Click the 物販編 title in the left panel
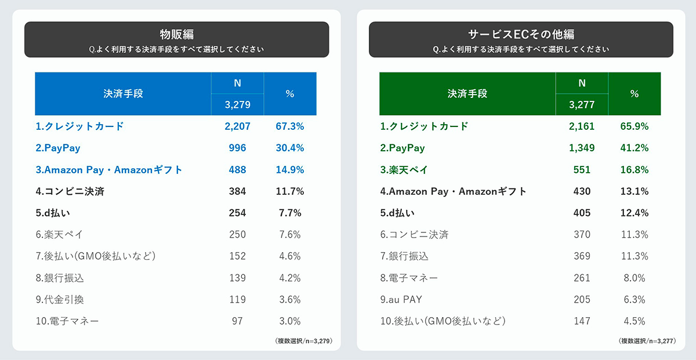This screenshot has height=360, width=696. pos(176,34)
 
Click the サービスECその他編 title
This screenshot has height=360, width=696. pos(521,34)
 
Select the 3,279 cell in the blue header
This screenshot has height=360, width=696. pos(237,105)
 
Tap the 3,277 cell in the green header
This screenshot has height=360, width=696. pos(582,105)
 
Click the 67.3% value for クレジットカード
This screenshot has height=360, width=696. pos(290,126)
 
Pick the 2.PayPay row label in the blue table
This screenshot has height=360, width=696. pos(58,148)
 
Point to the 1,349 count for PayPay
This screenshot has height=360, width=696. pos(582,148)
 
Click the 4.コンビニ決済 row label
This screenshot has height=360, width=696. pos(70,191)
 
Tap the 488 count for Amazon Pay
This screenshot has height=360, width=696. pos(237,170)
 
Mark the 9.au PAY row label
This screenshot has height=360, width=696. pos(401,300)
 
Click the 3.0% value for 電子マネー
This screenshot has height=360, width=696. pos(290,321)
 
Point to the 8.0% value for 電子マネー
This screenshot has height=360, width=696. pos(634,278)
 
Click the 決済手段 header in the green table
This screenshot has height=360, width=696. pos(467,93)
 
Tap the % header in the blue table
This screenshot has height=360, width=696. pos(290,93)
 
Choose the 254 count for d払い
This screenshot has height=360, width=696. pos(237,213)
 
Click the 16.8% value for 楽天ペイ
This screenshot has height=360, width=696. pos(634,170)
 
